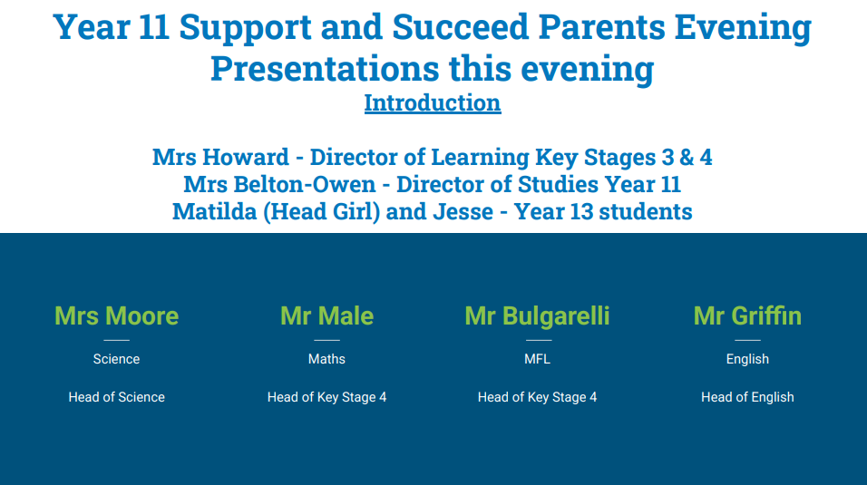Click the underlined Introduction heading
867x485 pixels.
click(x=433, y=102)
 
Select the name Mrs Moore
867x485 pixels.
click(x=117, y=315)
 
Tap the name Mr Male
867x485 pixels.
click(x=326, y=315)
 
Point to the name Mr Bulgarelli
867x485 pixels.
click(x=537, y=316)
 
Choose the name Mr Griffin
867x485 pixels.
click(x=747, y=315)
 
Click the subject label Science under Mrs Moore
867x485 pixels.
click(x=117, y=359)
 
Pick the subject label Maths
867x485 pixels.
click(x=326, y=359)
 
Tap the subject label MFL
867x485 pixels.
click(x=538, y=359)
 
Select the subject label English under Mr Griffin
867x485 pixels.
click(x=747, y=360)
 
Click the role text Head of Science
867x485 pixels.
click(x=117, y=397)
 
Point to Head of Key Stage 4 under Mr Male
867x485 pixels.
click(x=326, y=398)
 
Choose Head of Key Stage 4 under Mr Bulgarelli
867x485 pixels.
click(x=538, y=398)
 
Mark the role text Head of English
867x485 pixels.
click(x=747, y=398)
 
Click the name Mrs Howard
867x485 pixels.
click(x=220, y=157)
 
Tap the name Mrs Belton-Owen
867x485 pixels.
click(x=279, y=184)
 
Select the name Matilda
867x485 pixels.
click(x=215, y=211)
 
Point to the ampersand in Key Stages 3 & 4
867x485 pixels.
click(x=687, y=157)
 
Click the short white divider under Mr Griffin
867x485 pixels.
click(x=747, y=340)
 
